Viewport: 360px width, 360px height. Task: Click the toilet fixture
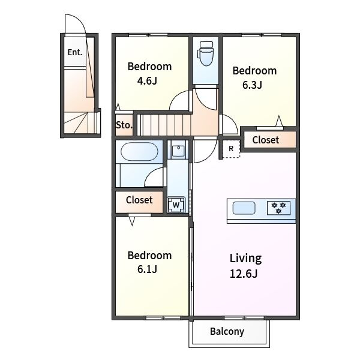coord(205,53)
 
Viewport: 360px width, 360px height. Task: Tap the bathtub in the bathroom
coord(139,152)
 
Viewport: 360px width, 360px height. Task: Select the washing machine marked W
coord(176,205)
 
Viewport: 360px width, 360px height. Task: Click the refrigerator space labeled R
coord(231,149)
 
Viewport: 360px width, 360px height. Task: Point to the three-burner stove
coord(278,208)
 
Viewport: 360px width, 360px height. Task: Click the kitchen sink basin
coord(244,208)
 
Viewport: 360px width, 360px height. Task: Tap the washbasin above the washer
coord(178,151)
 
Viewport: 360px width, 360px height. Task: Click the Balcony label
coord(227,332)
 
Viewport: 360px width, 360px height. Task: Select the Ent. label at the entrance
coord(75,52)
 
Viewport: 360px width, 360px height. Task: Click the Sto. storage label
coord(124,125)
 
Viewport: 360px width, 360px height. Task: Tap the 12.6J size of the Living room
coord(244,274)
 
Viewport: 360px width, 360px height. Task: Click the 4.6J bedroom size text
coord(147,81)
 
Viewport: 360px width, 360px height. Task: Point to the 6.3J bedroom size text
coord(253,85)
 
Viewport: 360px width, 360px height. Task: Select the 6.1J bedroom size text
coord(147,269)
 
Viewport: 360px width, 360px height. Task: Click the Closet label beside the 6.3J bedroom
coord(266,140)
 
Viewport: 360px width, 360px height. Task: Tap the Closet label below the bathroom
coord(139,200)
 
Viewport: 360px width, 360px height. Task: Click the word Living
coord(245,258)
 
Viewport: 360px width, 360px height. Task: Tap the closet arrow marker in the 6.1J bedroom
coord(132,221)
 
